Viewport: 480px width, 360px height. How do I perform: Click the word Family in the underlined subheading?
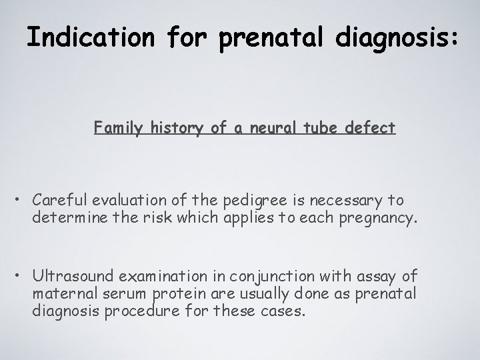click(114, 127)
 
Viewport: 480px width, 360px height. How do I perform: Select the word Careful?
click(61, 200)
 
